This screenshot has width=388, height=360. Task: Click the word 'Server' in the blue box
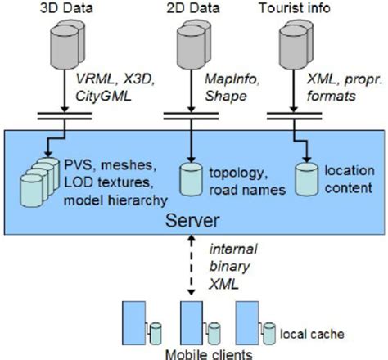[189, 220]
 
